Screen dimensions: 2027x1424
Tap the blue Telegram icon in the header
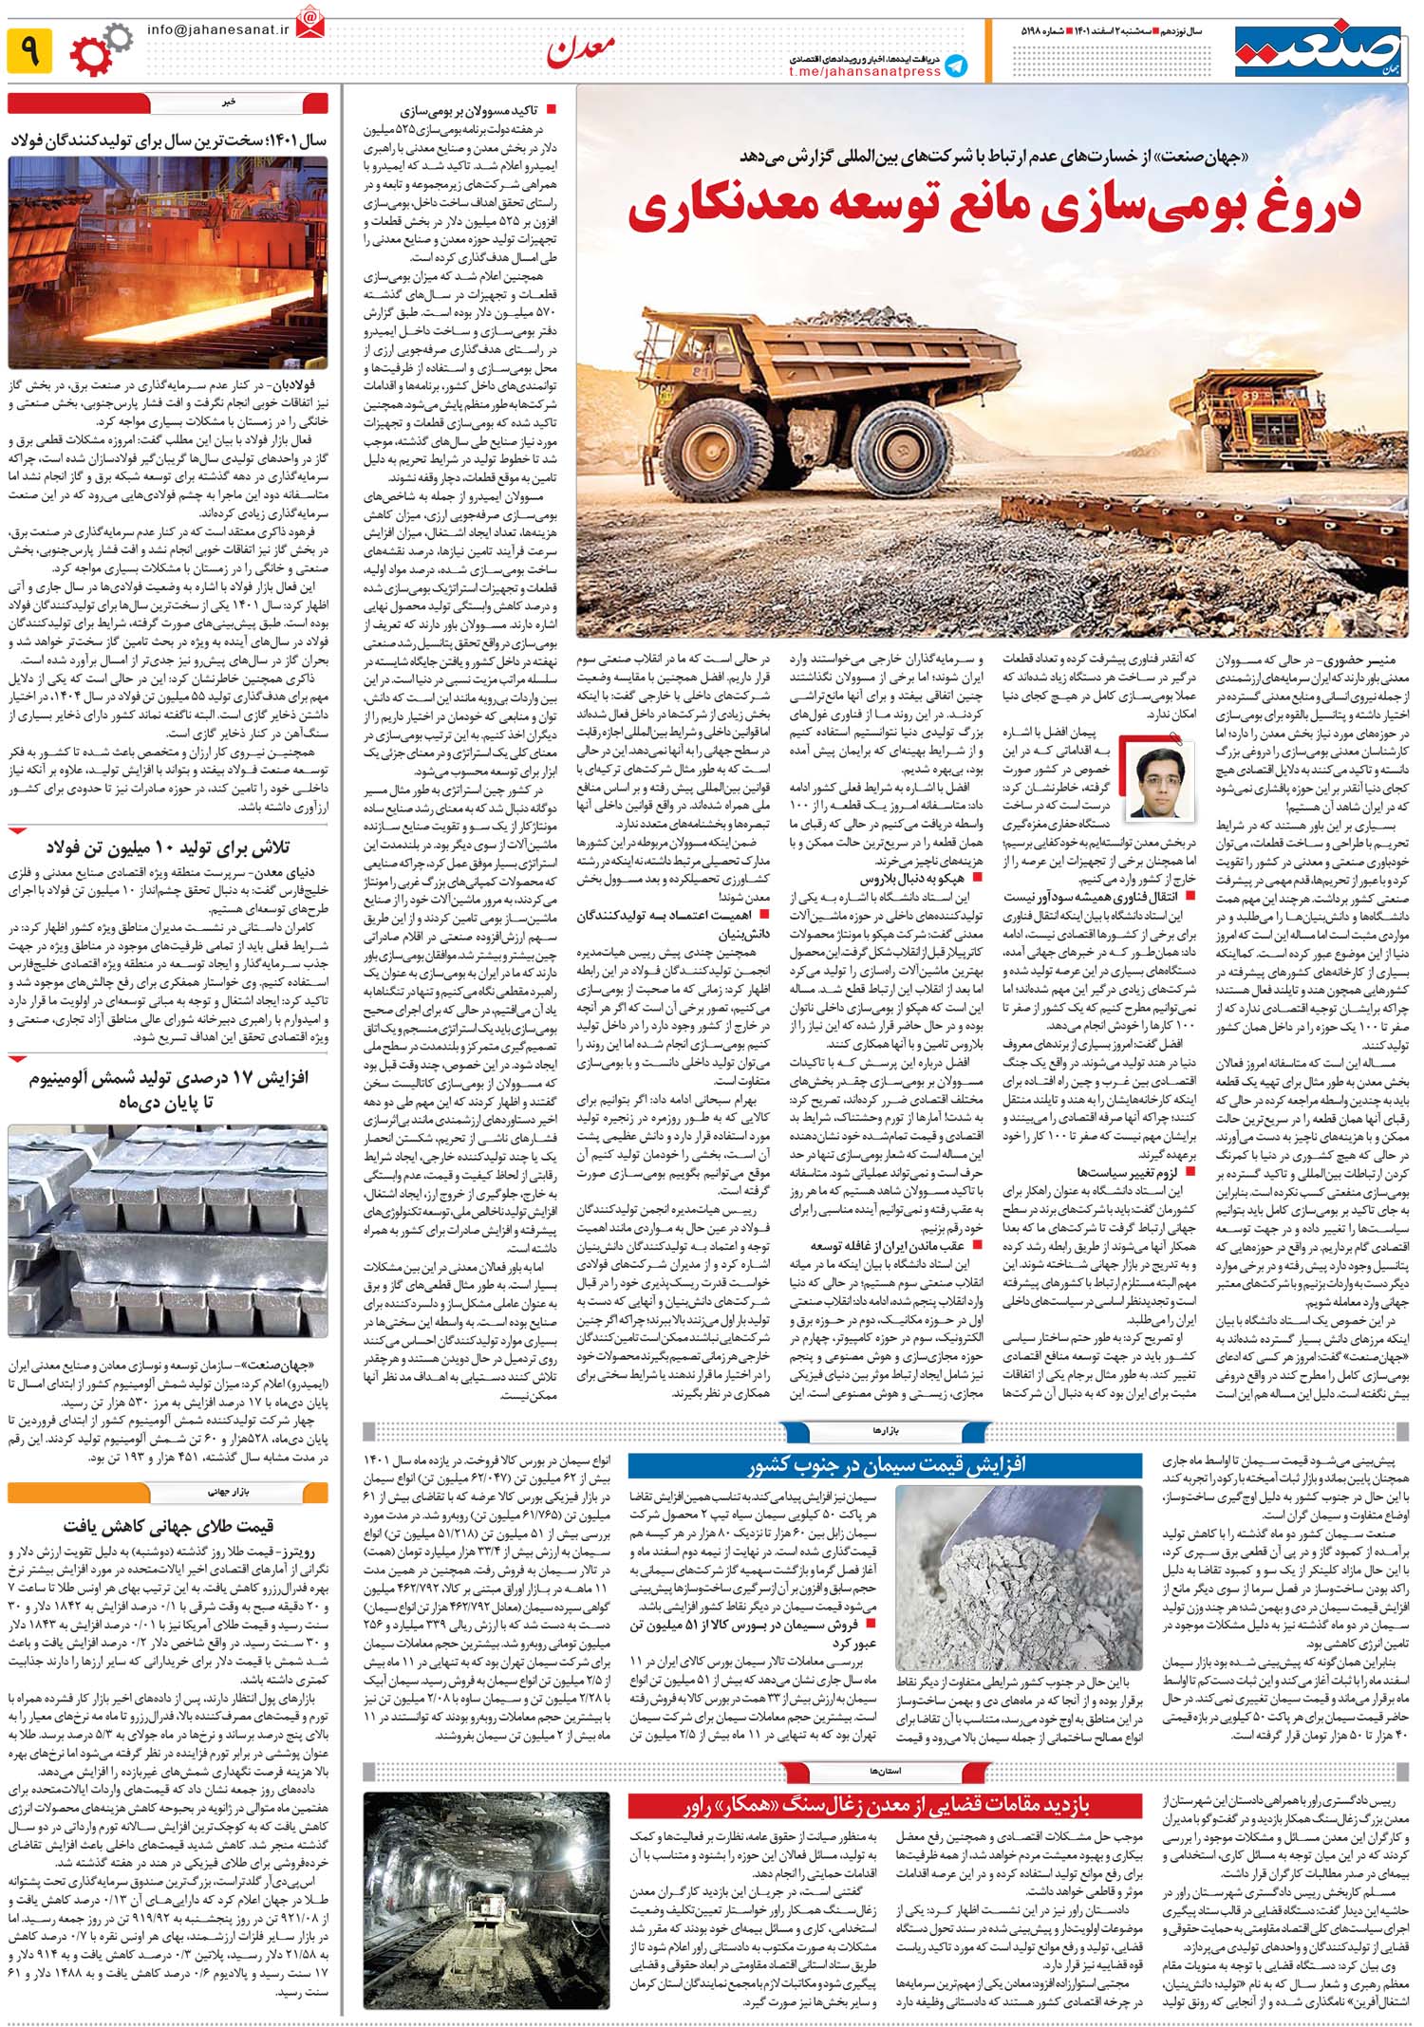956,65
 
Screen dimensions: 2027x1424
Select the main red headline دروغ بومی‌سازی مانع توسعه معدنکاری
994,211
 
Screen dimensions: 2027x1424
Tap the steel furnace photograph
168,262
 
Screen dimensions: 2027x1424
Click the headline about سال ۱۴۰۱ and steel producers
169,140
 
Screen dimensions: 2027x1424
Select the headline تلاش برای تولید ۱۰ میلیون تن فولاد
168,846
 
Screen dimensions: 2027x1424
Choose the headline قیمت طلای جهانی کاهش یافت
168,1525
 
